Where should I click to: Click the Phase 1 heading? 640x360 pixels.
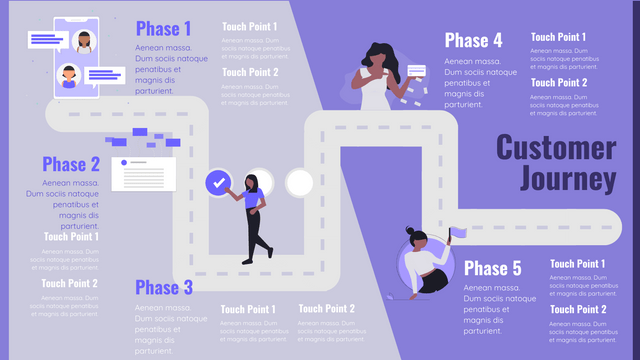[x=164, y=28]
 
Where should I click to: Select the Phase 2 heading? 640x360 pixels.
[x=71, y=165]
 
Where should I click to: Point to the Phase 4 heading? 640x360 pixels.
[x=473, y=41]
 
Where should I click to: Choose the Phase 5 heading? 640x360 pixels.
[x=493, y=268]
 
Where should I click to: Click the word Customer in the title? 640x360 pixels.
[x=556, y=148]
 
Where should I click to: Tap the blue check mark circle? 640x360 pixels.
[x=218, y=182]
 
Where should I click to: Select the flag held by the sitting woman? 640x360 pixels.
[x=457, y=233]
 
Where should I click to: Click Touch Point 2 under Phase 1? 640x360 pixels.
[x=250, y=72]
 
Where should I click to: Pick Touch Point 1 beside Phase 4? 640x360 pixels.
[x=558, y=37]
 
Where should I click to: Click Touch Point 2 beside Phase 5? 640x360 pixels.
[x=578, y=310]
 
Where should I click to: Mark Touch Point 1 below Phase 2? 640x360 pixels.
[x=71, y=237]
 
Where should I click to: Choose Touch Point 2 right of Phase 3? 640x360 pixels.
[x=326, y=309]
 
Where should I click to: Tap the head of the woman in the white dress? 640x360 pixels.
[x=379, y=56]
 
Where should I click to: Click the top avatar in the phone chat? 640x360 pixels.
[x=84, y=41]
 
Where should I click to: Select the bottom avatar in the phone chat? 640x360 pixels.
[x=68, y=75]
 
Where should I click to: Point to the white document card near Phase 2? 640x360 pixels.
[x=143, y=174]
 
